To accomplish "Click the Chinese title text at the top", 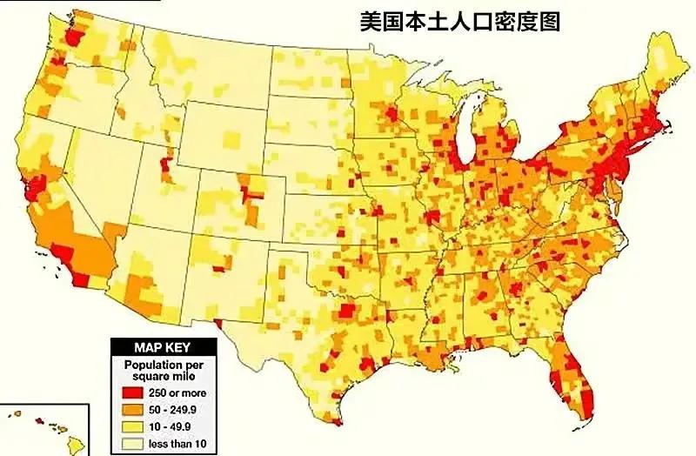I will tap(460, 21).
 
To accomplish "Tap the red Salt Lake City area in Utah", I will tap(166, 160).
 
